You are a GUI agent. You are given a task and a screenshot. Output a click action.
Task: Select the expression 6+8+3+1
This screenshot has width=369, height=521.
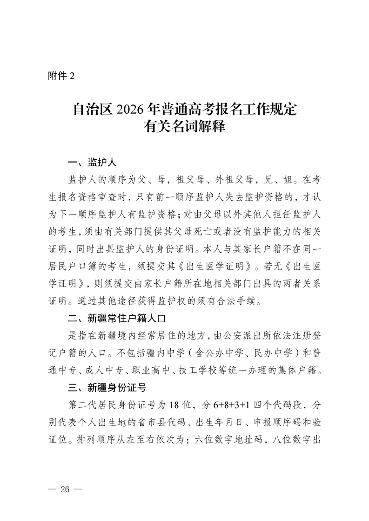tap(232, 403)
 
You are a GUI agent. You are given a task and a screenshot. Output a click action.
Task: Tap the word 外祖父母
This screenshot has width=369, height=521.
tap(234, 180)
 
